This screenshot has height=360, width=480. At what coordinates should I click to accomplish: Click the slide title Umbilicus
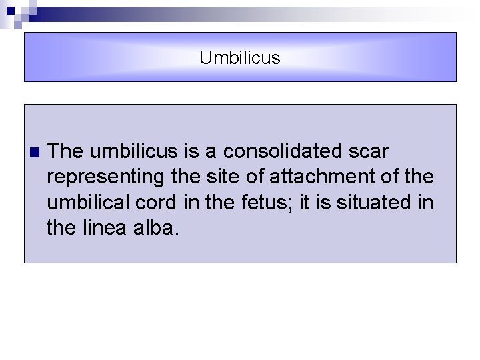click(x=240, y=58)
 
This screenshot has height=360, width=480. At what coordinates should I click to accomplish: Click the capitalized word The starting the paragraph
click(x=65, y=151)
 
